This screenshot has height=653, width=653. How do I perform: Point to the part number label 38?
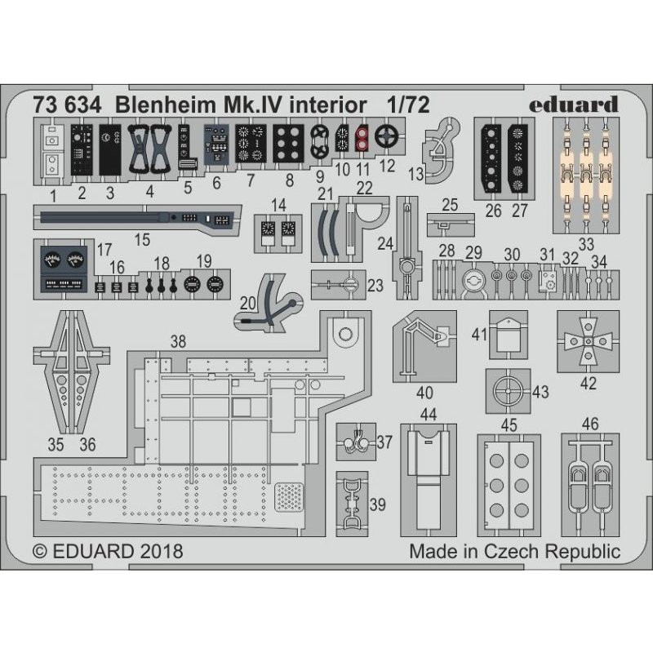point(178,340)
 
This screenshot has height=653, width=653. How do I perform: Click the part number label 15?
point(142,240)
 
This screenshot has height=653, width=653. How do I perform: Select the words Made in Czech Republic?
point(515,551)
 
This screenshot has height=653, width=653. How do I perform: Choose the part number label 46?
point(591,423)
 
